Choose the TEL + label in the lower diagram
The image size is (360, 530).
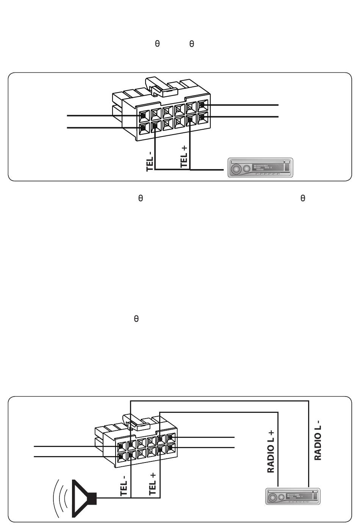[x=153, y=484]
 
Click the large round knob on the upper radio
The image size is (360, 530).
[x=237, y=169]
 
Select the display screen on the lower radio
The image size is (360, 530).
[x=296, y=496]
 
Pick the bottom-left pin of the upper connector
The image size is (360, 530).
[x=144, y=128]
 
